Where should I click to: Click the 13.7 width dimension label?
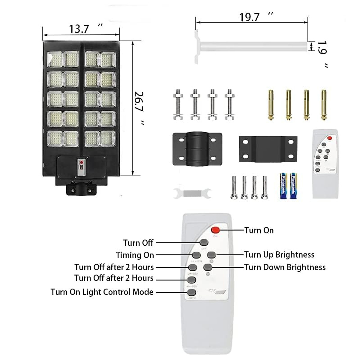(79, 29)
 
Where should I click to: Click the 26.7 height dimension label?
(139, 102)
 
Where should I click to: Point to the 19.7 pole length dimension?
(249, 17)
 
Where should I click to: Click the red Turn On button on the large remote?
(215, 230)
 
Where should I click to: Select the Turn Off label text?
(138, 243)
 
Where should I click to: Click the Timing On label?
(135, 255)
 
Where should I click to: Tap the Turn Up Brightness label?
(279, 255)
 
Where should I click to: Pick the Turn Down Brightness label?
(285, 267)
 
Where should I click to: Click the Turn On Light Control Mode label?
(102, 292)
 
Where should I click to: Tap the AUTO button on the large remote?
(191, 292)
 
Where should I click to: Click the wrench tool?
(192, 192)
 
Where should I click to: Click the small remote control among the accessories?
(325, 163)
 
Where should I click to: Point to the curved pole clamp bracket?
(197, 149)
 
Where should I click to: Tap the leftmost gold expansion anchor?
(271, 105)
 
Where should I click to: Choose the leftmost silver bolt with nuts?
(177, 105)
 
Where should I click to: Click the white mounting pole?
(252, 46)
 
